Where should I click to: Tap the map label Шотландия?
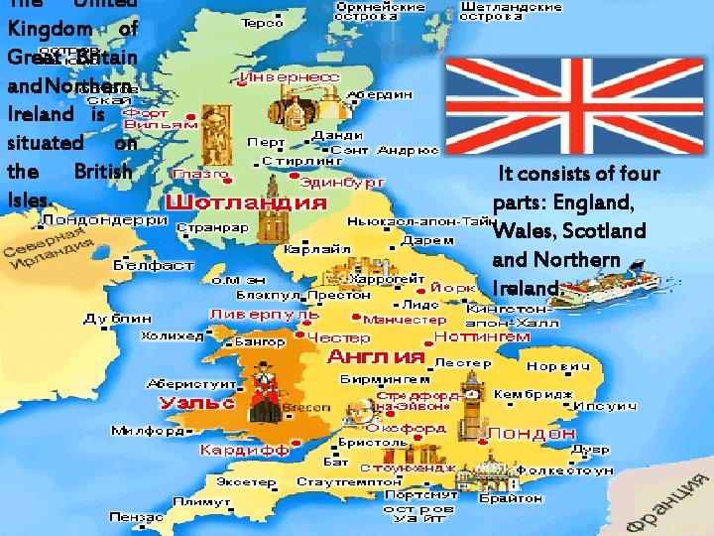click(245, 202)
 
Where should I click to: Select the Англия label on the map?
click(376, 356)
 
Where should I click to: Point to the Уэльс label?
click(197, 403)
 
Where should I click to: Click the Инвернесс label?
click(282, 74)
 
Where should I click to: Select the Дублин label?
click(118, 319)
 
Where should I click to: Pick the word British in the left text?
click(103, 171)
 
